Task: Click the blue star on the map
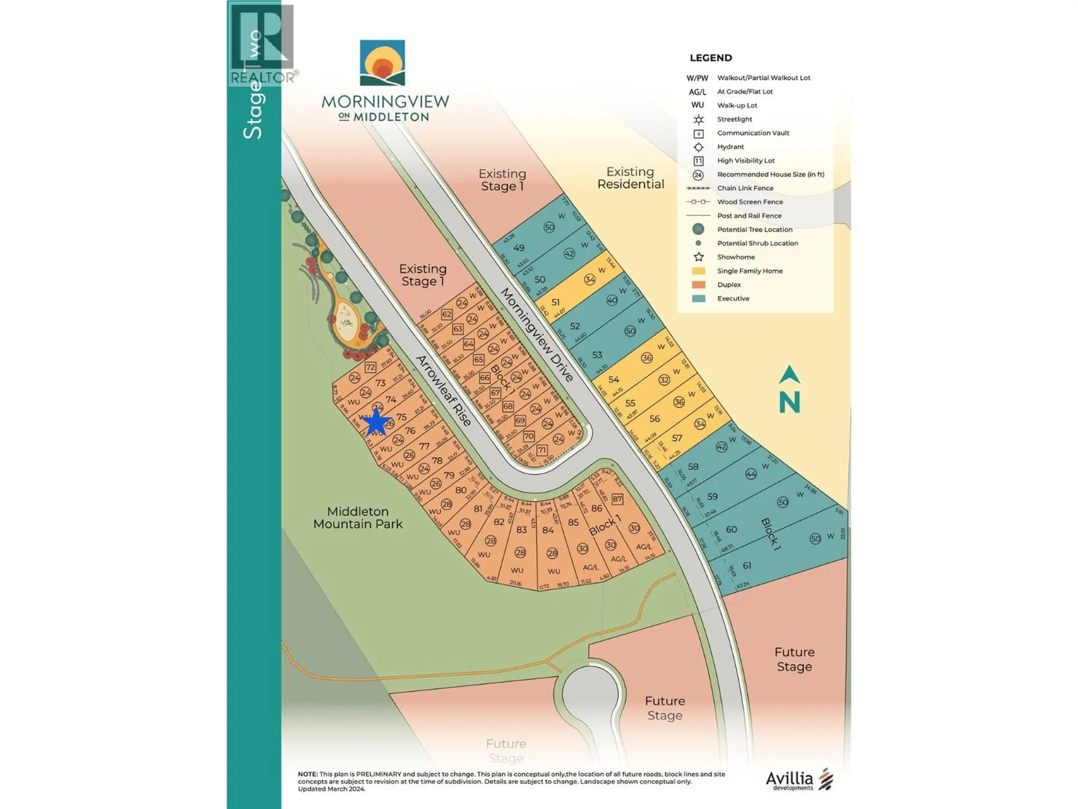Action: pyautogui.click(x=376, y=422)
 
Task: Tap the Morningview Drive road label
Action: pyautogui.click(x=537, y=335)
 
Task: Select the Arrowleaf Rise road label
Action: pyautogui.click(x=444, y=391)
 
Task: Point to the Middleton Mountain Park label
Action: pyautogui.click(x=358, y=517)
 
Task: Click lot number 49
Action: pyautogui.click(x=519, y=248)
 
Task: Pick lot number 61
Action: pyautogui.click(x=747, y=566)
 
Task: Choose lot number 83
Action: pyautogui.click(x=522, y=530)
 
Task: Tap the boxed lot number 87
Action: pyautogui.click(x=618, y=499)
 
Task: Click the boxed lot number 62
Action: pyautogui.click(x=447, y=315)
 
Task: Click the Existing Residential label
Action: pyautogui.click(x=631, y=178)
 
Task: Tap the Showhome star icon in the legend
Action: pyautogui.click(x=698, y=257)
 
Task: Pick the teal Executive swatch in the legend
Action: pyautogui.click(x=698, y=299)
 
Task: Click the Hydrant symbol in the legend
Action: pyautogui.click(x=698, y=147)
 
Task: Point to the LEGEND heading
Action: pyautogui.click(x=711, y=58)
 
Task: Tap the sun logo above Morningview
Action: pyautogui.click(x=382, y=63)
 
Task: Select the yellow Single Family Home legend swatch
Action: pyautogui.click(x=698, y=271)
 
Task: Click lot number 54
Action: pyautogui.click(x=614, y=380)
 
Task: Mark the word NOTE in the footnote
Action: pyautogui.click(x=307, y=774)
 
